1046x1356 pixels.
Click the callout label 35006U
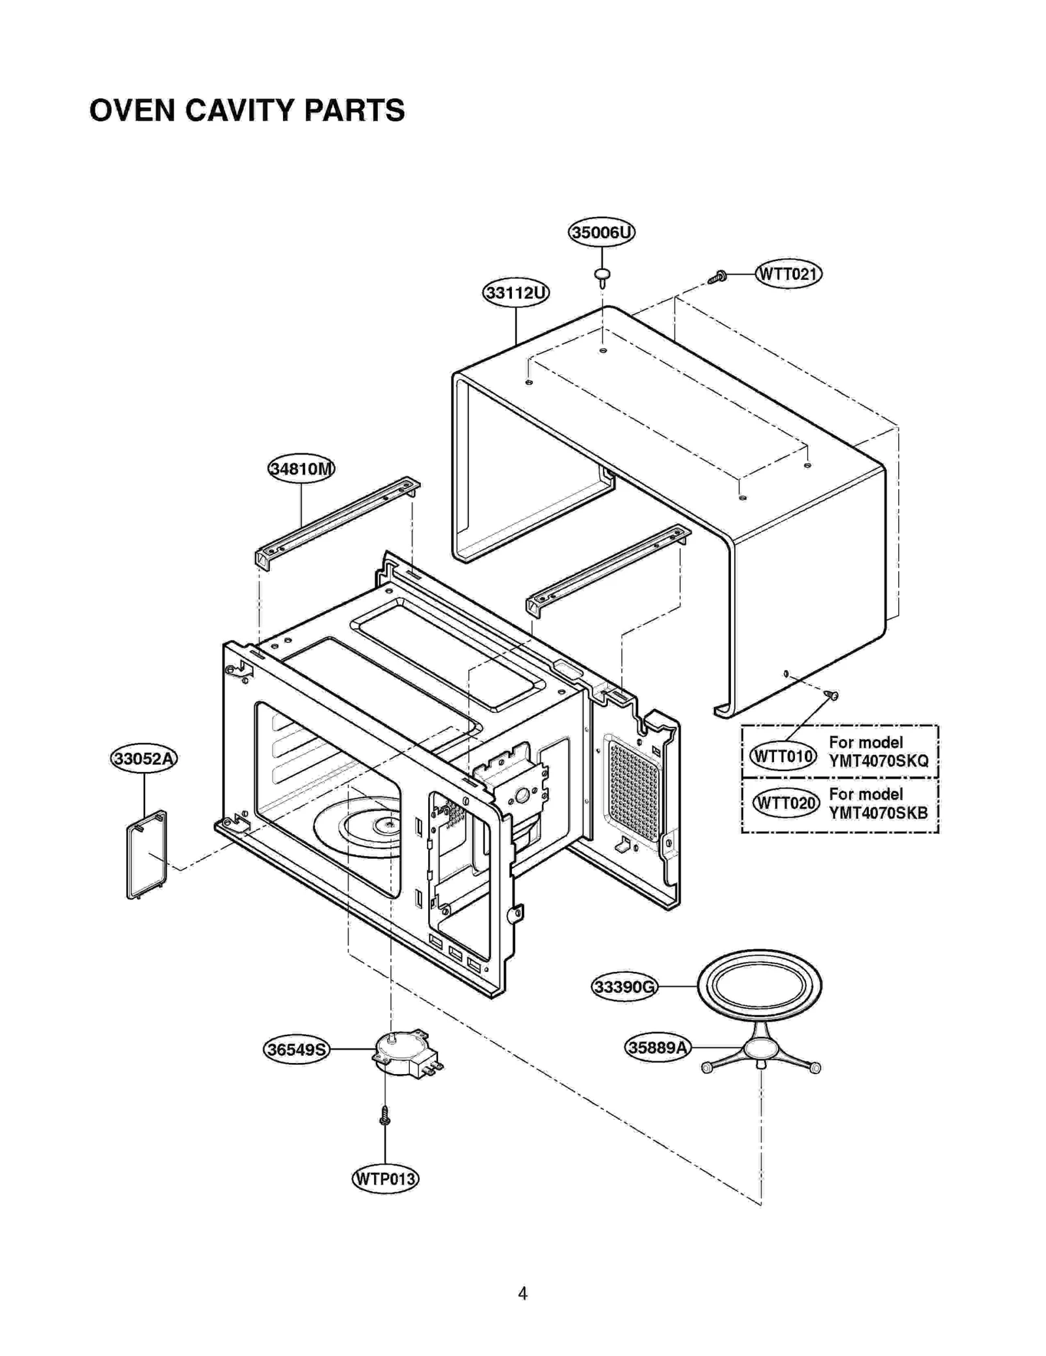[601, 232]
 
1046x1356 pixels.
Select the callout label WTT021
[788, 273]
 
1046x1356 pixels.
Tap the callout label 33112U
[516, 292]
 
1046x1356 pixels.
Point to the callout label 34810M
[301, 468]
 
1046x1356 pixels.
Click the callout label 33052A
[144, 759]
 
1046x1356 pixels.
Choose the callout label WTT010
[783, 757]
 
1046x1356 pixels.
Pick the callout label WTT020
[785, 803]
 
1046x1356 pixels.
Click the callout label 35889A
[658, 1048]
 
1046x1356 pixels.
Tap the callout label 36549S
[297, 1050]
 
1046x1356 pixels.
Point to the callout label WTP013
[385, 1179]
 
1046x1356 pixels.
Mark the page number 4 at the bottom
[522, 1293]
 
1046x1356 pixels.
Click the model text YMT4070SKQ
[878, 761]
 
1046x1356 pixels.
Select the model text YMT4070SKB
[878, 813]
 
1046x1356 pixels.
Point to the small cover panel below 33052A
[147, 855]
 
